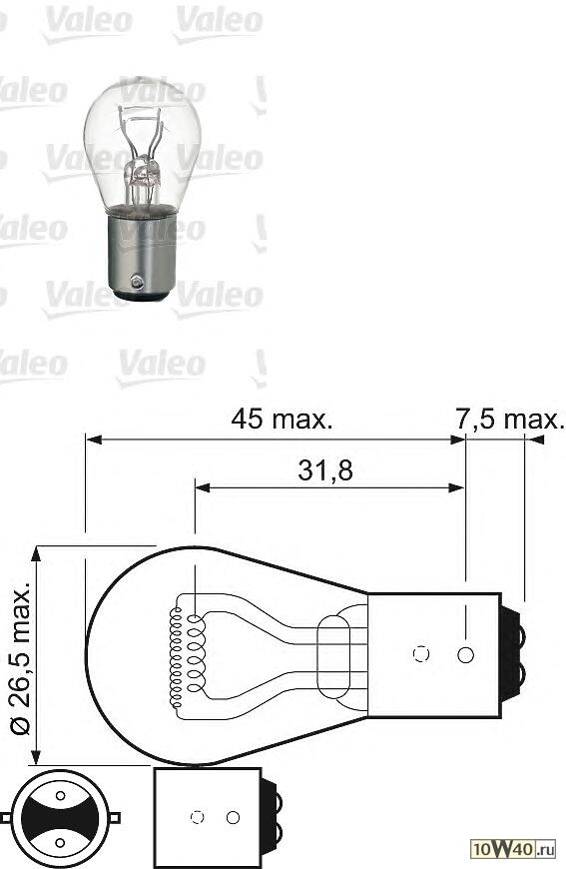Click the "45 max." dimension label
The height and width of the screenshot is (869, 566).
pyautogui.click(x=282, y=419)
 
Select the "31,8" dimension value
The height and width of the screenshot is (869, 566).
pyautogui.click(x=325, y=470)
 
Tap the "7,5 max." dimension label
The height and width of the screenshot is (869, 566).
pyautogui.click(x=509, y=419)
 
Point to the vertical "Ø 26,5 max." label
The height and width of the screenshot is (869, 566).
pyautogui.click(x=22, y=654)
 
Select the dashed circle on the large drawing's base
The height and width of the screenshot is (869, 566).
pyautogui.click(x=420, y=655)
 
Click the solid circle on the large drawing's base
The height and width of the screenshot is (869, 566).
pyautogui.click(x=464, y=655)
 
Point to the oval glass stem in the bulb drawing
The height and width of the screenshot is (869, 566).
pyautogui.click(x=333, y=655)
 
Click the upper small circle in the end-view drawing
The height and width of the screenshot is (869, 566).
pyautogui.click(x=60, y=795)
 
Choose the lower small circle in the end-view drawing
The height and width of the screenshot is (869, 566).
pyautogui.click(x=60, y=843)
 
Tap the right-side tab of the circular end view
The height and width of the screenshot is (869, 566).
pyautogui.click(x=114, y=818)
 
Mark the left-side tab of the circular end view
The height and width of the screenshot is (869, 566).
pyautogui.click(x=6, y=818)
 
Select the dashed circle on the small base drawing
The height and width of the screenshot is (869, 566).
pyautogui.click(x=197, y=818)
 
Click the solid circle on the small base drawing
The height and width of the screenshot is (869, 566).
pyautogui.click(x=233, y=818)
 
